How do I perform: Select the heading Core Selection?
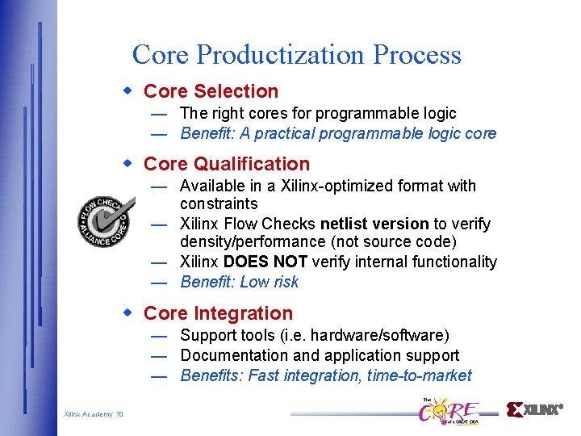(x=211, y=91)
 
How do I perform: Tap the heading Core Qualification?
(x=226, y=164)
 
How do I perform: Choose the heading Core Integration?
(x=218, y=313)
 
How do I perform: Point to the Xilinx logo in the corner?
(x=533, y=409)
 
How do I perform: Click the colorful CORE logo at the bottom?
(x=447, y=410)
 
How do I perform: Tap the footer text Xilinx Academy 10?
(x=94, y=414)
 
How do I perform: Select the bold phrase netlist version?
(x=374, y=224)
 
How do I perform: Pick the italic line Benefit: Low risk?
(x=239, y=282)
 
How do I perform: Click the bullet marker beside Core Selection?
(x=127, y=90)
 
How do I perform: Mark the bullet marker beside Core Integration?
(x=127, y=312)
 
